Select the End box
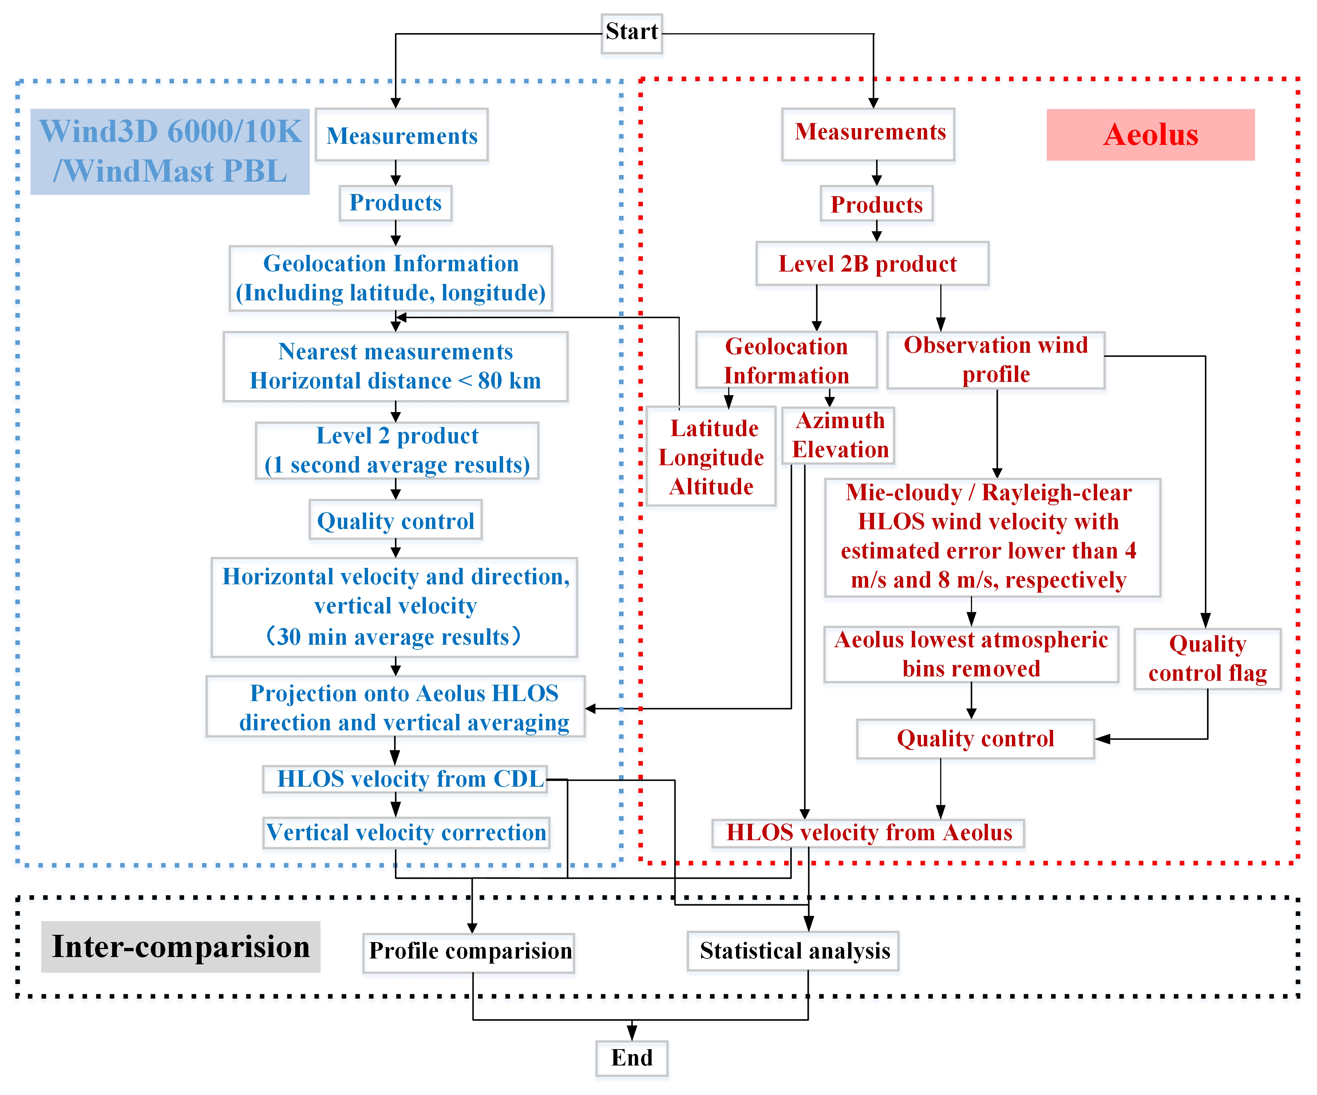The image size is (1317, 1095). click(x=632, y=1058)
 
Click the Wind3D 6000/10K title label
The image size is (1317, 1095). click(x=170, y=151)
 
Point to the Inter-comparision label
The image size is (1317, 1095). click(x=181, y=946)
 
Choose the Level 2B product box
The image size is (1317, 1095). click(x=872, y=264)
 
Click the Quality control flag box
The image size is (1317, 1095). click(x=1207, y=659)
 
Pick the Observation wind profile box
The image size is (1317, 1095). click(x=996, y=360)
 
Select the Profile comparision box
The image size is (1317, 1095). click(x=469, y=951)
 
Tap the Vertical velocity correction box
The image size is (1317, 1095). click(x=406, y=833)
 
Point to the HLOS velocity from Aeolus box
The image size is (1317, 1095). click(x=869, y=833)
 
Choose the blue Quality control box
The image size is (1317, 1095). click(x=395, y=521)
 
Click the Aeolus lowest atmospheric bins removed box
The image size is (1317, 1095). click(x=971, y=654)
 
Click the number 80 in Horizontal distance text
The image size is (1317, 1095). click(x=490, y=381)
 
